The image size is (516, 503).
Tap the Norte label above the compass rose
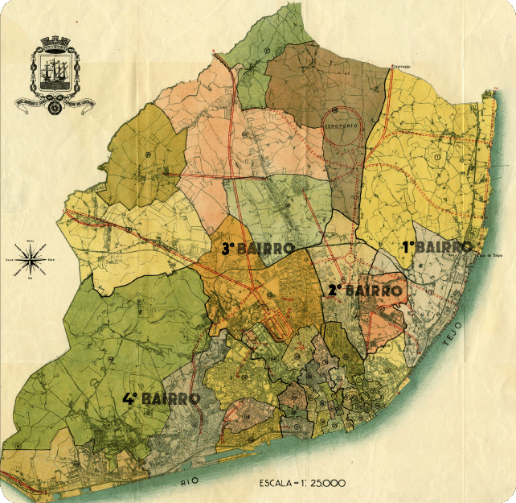(31, 240)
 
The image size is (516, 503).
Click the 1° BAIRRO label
(436, 247)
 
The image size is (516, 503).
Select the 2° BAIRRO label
(363, 290)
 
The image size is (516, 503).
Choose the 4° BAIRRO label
(161, 398)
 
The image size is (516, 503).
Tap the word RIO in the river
(188, 482)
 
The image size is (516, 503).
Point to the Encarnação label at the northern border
(400, 66)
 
